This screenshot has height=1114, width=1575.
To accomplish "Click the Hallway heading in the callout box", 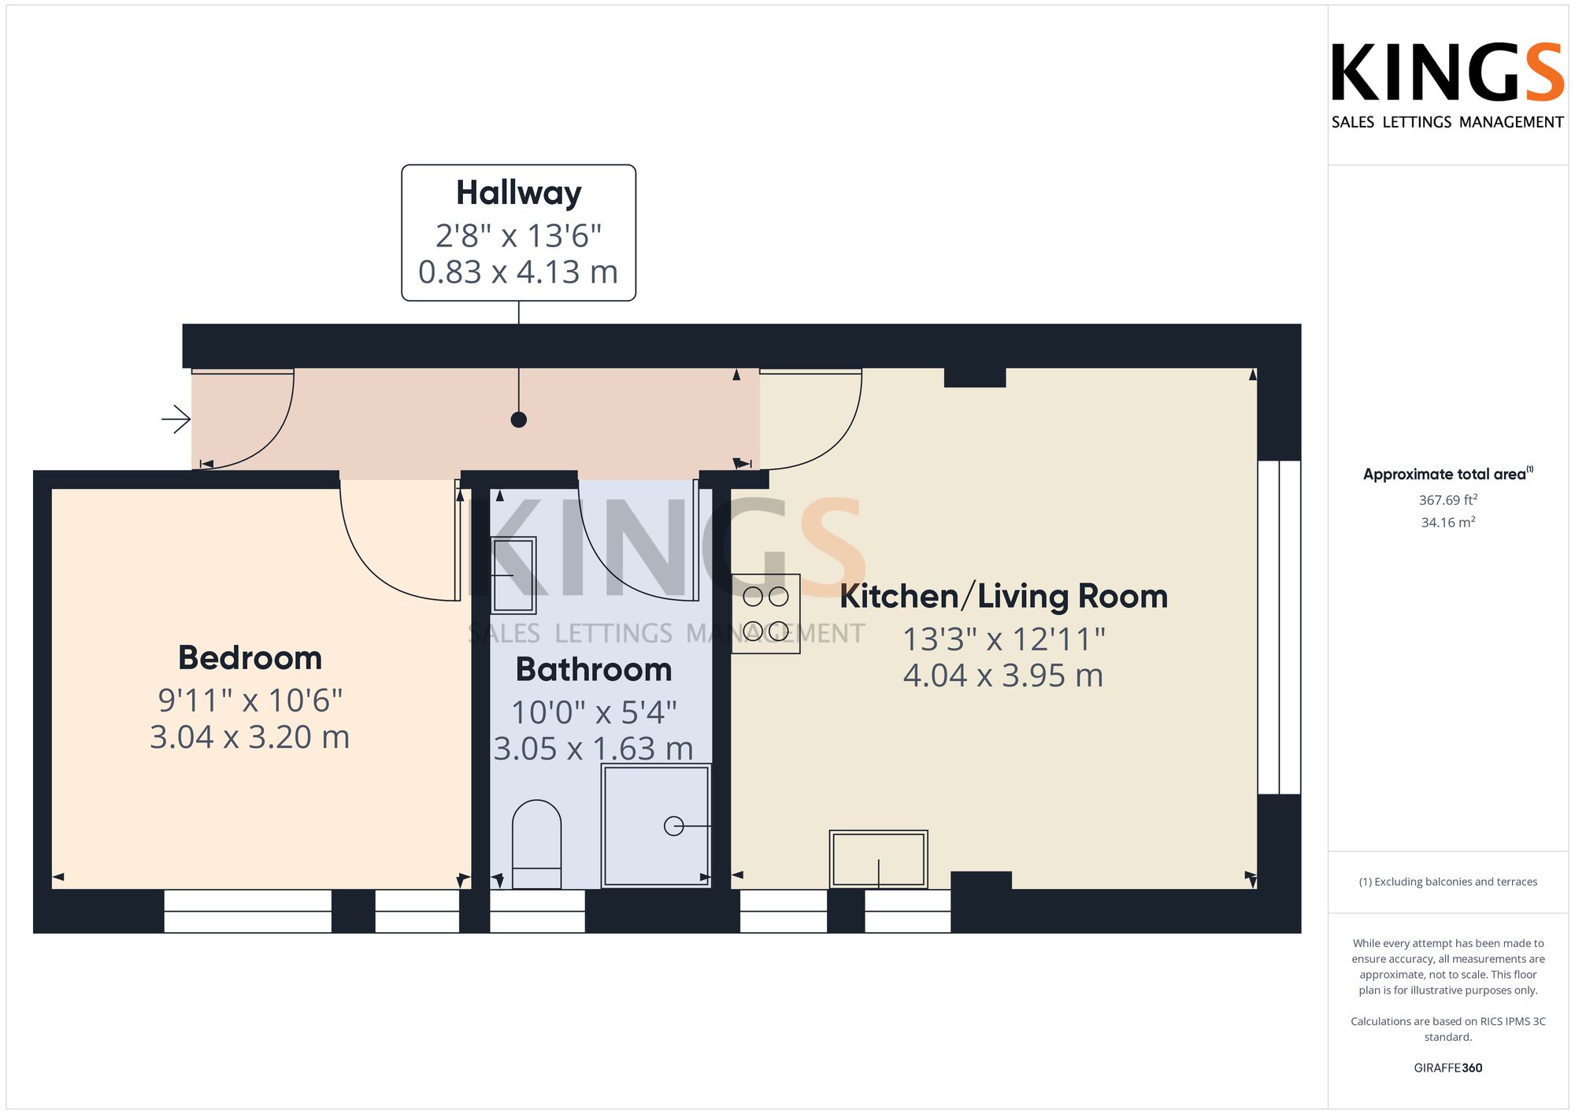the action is coord(519,194).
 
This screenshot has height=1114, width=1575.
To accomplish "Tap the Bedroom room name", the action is coord(250,658).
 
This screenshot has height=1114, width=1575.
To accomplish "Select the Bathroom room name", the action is coord(594,670).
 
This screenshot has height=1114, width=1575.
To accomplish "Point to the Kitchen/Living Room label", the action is coord(1004,597).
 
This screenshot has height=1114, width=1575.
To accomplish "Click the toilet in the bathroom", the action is coord(537,845).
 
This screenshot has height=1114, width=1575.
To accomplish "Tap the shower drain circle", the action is coord(674,826).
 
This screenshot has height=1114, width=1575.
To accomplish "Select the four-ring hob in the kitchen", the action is coord(765,614).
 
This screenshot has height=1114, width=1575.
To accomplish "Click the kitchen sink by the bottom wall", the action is coord(879,860).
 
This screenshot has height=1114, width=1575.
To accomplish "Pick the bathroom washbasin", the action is coord(513,576).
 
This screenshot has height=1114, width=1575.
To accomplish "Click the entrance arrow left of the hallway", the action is coord(176,420).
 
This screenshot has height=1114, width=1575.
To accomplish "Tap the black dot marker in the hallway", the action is coord(519,420).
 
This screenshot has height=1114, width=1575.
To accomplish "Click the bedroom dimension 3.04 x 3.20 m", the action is coord(250,738).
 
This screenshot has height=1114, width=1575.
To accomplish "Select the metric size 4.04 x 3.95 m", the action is coord(1003,675).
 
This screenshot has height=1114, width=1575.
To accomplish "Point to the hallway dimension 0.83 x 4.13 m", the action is coord(518,272).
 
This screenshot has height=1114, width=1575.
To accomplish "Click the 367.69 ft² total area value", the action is coord(1448,500).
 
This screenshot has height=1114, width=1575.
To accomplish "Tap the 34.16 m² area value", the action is coord(1448,522).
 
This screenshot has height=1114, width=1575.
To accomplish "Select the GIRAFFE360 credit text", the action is coord(1448,1068).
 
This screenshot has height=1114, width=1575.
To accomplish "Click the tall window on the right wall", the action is coord(1280,627).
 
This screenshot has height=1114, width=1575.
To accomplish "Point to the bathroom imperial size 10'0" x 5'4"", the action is coord(594,712).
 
